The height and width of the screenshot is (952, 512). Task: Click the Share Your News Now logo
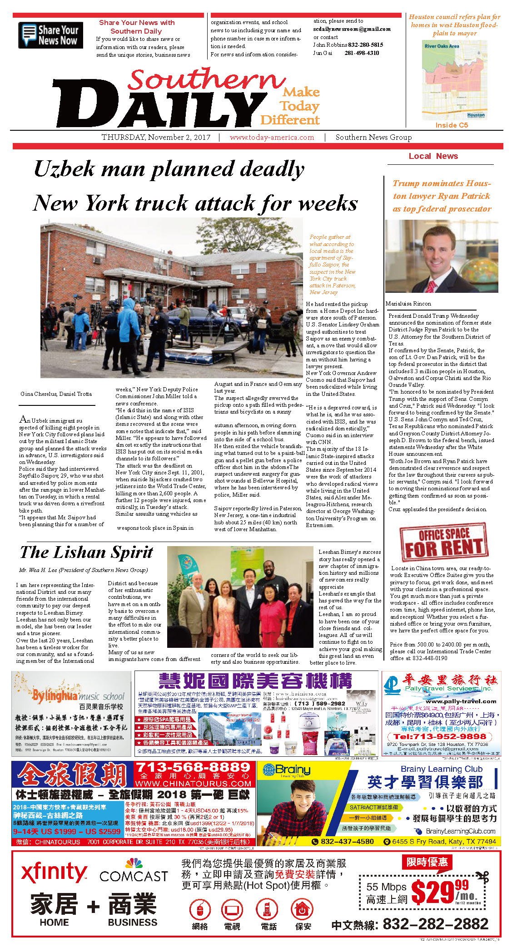50,35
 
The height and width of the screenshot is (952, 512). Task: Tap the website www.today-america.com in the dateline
272,137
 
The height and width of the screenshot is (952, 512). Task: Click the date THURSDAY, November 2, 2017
156,137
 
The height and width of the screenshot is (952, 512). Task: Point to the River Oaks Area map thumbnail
454,80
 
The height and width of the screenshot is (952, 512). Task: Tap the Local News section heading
433,156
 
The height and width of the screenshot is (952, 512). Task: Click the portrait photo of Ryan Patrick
442,256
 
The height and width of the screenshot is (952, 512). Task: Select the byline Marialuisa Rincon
408,304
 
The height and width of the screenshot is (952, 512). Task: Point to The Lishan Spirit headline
86,552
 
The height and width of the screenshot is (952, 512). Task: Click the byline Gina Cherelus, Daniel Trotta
56,394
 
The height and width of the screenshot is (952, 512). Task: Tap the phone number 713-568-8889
193,767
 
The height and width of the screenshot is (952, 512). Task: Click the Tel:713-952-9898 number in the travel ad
440,736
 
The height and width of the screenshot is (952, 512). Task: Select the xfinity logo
54,873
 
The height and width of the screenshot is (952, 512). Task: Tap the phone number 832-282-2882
435,924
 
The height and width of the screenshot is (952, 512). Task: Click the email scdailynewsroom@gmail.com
352,29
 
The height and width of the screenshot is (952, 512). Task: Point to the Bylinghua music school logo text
78,696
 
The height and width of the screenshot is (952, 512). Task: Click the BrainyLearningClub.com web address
460,831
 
